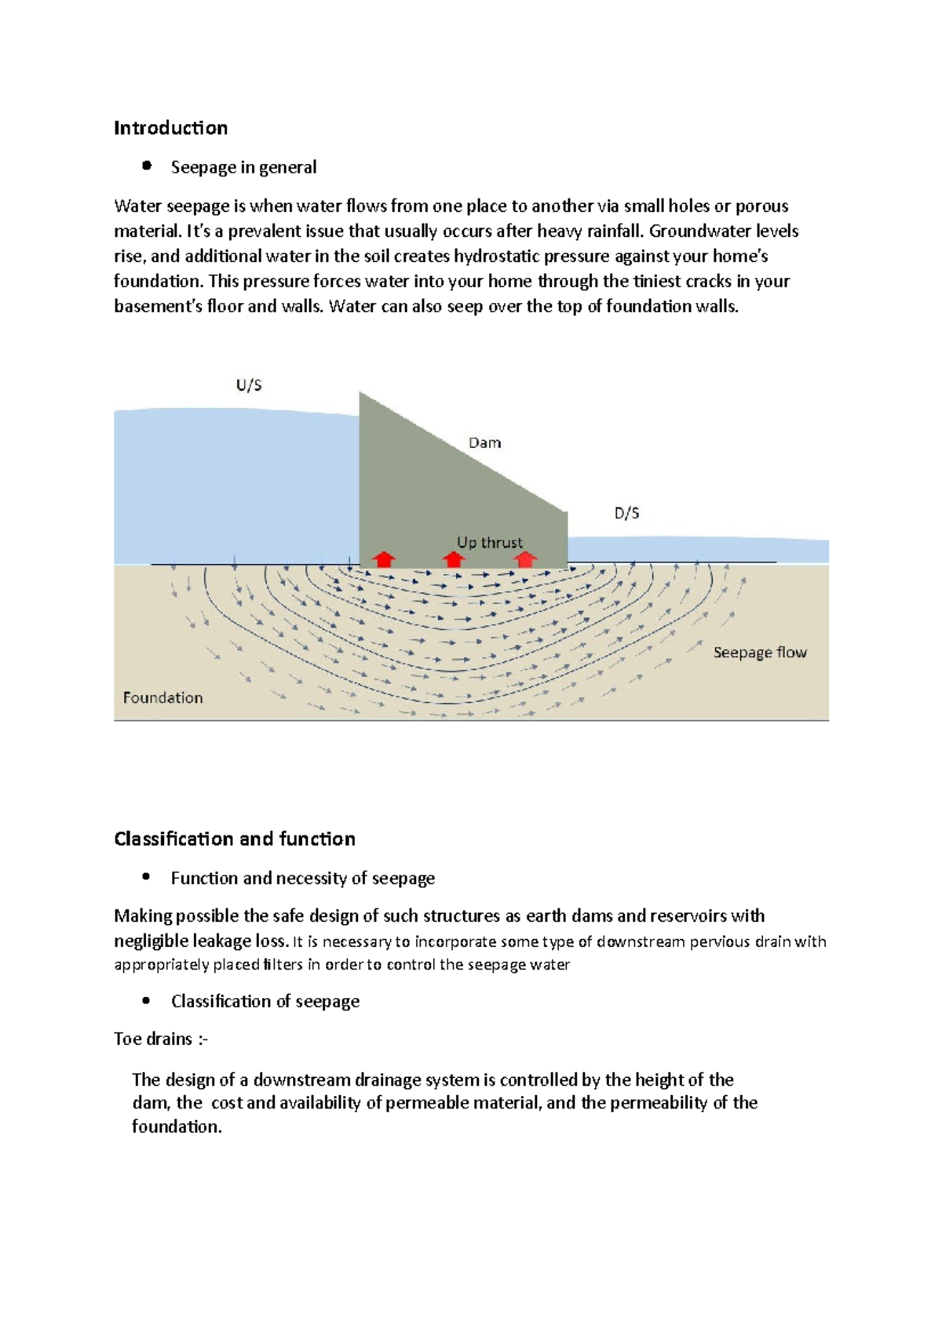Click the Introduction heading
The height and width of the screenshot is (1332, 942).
[x=170, y=128]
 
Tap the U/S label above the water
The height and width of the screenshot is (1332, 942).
[x=249, y=385]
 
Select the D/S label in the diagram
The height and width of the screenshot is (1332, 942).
[x=626, y=513]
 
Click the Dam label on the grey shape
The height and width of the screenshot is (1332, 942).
[x=484, y=442]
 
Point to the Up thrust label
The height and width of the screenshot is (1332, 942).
[x=489, y=542]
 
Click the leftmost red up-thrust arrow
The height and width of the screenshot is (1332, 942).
[x=383, y=559]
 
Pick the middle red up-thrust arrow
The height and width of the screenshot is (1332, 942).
[x=453, y=559]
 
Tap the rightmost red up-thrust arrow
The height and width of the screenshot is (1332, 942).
[x=525, y=559]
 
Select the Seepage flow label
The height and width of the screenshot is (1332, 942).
[x=759, y=653]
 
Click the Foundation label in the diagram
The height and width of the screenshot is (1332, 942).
[x=162, y=697]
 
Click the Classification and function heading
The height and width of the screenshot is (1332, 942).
[x=234, y=839]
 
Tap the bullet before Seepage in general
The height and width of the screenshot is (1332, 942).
[x=146, y=166]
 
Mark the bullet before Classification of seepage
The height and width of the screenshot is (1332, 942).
[x=146, y=1000]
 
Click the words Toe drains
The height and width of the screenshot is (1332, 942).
[x=154, y=1039]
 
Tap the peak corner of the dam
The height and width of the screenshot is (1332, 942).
[x=360, y=393]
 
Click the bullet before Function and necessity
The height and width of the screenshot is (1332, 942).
[x=146, y=877]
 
